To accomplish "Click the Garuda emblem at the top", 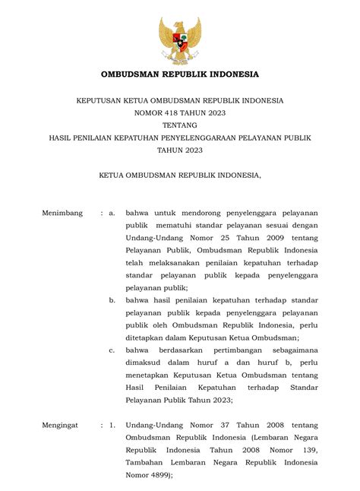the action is coord(180,41).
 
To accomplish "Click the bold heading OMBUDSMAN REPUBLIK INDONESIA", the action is coord(180,74).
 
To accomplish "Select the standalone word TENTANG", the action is coord(180,125).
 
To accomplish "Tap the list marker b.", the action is coord(111,300).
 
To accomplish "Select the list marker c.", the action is coord(111,350).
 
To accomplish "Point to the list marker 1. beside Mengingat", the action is coord(111,426).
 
